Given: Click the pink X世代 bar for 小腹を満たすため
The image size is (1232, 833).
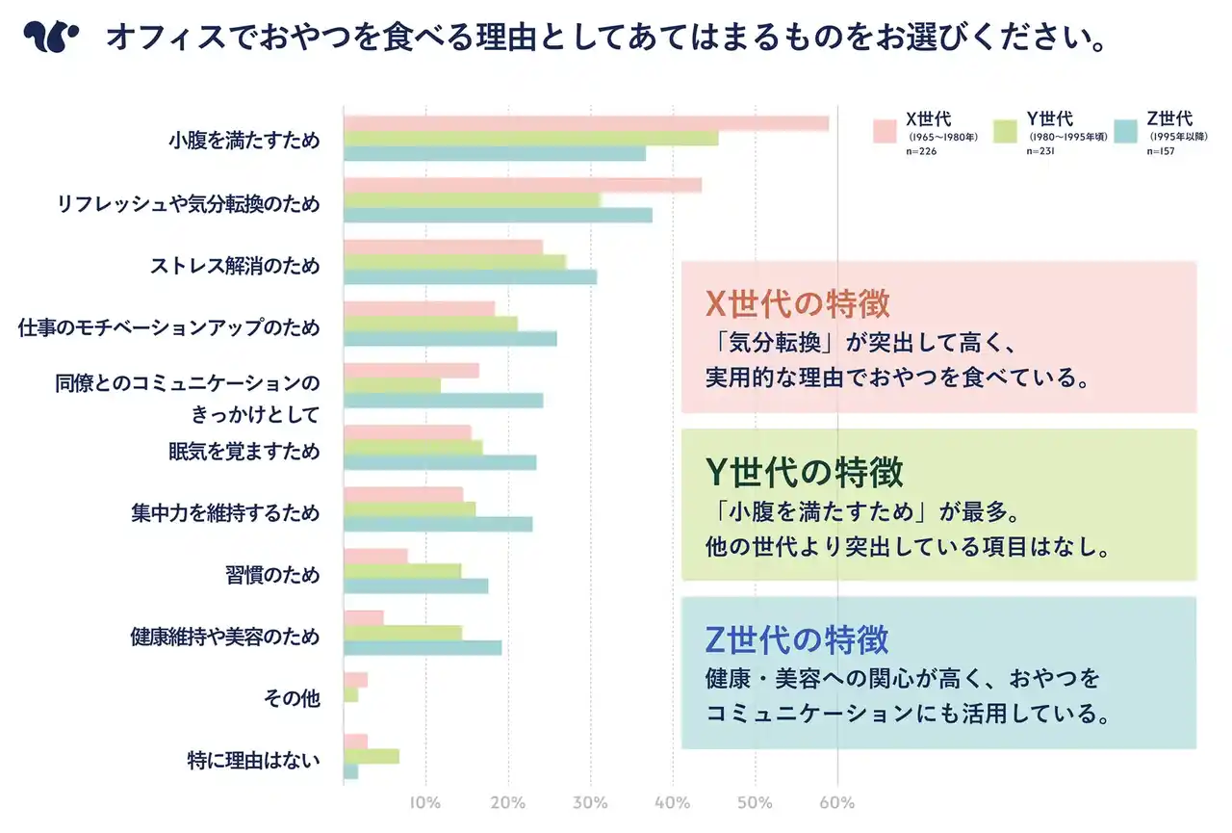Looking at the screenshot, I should tap(585, 123).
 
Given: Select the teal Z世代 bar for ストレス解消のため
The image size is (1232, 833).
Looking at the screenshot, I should tap(470, 277).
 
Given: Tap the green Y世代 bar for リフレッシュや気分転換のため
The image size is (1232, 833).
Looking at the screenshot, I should tap(472, 200).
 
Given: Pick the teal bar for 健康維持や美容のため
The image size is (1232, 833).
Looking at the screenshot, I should tap(422, 648).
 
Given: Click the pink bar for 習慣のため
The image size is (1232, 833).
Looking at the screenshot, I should tap(375, 556).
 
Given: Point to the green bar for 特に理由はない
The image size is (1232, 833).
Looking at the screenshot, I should tap(371, 756).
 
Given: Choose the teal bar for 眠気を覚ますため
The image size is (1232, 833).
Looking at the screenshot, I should tap(439, 462).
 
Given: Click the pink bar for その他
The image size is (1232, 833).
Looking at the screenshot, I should tap(355, 680).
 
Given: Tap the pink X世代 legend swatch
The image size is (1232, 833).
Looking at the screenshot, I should tap(885, 131).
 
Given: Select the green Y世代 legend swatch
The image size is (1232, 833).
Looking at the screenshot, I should tap(1005, 131).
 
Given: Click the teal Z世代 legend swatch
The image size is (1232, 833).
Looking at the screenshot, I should tap(1125, 131).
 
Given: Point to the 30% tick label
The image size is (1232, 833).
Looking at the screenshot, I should tap(590, 803).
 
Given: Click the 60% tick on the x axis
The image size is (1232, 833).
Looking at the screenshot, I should tap(836, 803).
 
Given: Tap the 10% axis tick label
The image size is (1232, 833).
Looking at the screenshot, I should tap(425, 803).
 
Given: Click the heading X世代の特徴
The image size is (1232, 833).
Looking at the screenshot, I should tap(798, 303).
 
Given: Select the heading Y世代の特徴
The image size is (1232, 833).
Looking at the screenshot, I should tap(804, 472).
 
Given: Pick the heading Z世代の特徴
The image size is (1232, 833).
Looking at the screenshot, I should tap(797, 639).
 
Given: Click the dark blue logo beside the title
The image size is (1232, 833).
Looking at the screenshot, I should tap(50, 38).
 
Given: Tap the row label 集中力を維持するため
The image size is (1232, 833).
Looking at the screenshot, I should tap(224, 512).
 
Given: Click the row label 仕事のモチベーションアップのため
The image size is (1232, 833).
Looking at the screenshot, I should tap(168, 327).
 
